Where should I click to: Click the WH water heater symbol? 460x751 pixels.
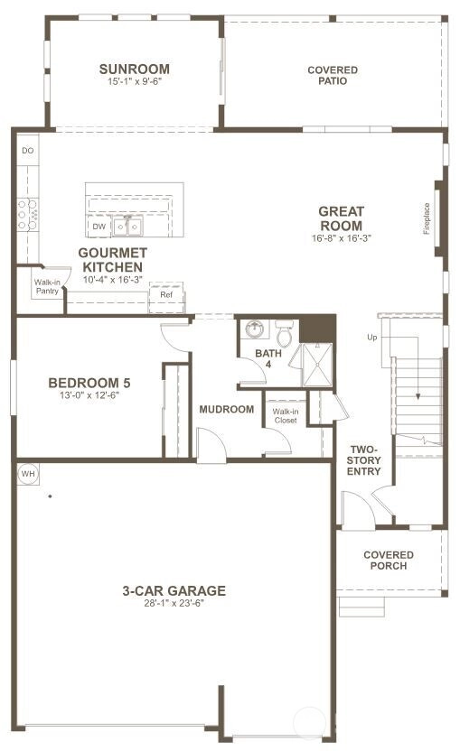click(28, 474)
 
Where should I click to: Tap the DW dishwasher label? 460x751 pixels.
click(99, 227)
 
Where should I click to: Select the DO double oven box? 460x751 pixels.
click(28, 151)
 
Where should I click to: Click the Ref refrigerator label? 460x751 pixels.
click(166, 294)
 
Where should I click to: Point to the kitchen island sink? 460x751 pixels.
click(127, 226)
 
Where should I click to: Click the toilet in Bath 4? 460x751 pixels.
click(285, 334)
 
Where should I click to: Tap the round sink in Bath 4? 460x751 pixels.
click(255, 329)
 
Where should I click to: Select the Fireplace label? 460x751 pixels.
click(427, 218)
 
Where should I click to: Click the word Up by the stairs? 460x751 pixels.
click(372, 338)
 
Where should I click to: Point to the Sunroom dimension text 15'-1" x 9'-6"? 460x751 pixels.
click(135, 81)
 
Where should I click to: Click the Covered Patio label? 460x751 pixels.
click(333, 76)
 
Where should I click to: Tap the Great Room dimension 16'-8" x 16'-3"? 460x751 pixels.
click(342, 237)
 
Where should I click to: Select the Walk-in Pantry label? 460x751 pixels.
click(47, 286)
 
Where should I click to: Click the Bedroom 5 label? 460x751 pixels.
click(89, 383)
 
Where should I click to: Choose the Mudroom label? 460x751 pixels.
click(227, 409)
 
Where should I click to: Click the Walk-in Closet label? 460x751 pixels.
click(286, 416)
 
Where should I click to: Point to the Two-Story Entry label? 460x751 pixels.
click(364, 460)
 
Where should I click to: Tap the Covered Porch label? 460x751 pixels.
click(389, 561)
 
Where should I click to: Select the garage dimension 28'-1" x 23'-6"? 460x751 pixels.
click(174, 604)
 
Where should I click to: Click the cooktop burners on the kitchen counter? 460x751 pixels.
click(27, 214)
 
